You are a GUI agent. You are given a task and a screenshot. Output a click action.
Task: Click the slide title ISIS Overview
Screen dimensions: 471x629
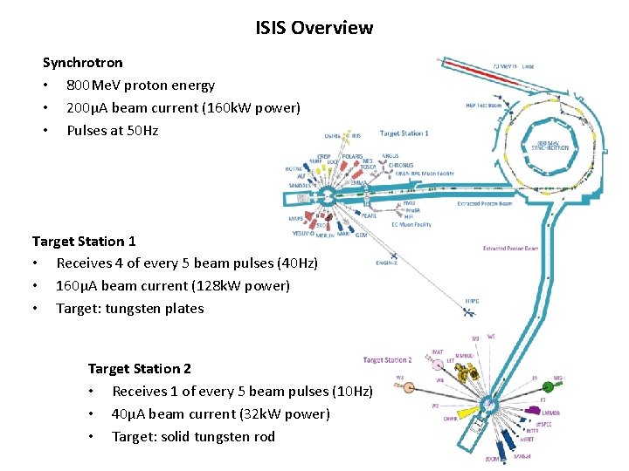tap(314, 28)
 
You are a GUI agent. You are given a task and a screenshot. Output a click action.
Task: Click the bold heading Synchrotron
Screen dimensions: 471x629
tap(83, 63)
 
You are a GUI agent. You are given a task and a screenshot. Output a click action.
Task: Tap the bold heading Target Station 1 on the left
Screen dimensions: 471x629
tap(84, 241)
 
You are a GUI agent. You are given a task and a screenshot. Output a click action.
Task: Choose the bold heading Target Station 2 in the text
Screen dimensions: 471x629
tap(140, 369)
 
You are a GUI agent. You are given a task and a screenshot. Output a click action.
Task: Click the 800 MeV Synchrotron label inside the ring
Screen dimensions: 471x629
tap(550, 146)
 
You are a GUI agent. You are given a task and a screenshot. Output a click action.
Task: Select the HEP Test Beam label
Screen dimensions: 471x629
tap(482, 106)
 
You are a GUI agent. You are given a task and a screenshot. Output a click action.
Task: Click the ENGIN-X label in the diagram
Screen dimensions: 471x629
tap(387, 263)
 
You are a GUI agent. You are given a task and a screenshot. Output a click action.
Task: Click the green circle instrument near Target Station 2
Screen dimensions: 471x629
tap(548, 386)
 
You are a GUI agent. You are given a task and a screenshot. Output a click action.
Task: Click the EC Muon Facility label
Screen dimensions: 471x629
tap(411, 225)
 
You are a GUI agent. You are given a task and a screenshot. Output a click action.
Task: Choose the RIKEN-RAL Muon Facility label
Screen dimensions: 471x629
tap(425, 173)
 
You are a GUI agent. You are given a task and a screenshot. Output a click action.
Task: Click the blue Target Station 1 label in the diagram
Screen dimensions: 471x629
tap(404, 133)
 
